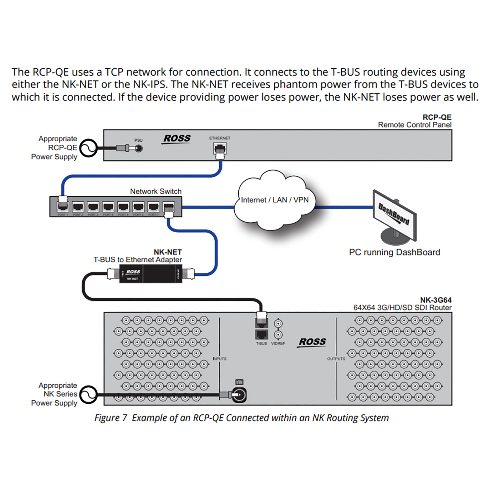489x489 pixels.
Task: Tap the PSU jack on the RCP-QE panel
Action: point(139,148)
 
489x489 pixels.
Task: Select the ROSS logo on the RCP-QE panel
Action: point(177,139)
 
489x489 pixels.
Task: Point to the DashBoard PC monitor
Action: point(395,216)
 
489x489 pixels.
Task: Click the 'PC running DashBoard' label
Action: point(394,252)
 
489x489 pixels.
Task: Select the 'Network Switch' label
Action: point(155,191)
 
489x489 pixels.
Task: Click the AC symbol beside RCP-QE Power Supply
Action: point(88,148)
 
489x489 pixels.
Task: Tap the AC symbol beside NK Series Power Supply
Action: point(88,394)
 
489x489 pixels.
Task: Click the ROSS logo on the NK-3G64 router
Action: point(312,342)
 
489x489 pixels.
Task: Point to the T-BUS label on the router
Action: point(261,343)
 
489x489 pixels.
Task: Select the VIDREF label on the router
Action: point(278,343)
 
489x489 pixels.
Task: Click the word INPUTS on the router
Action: point(220,359)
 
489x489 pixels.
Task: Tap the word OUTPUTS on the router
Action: point(336,359)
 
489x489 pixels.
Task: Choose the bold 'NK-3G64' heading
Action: point(436,300)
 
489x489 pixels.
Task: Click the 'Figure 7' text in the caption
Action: point(110,418)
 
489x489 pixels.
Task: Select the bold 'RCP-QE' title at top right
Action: point(437,117)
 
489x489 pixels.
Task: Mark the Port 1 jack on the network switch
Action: point(62,207)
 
